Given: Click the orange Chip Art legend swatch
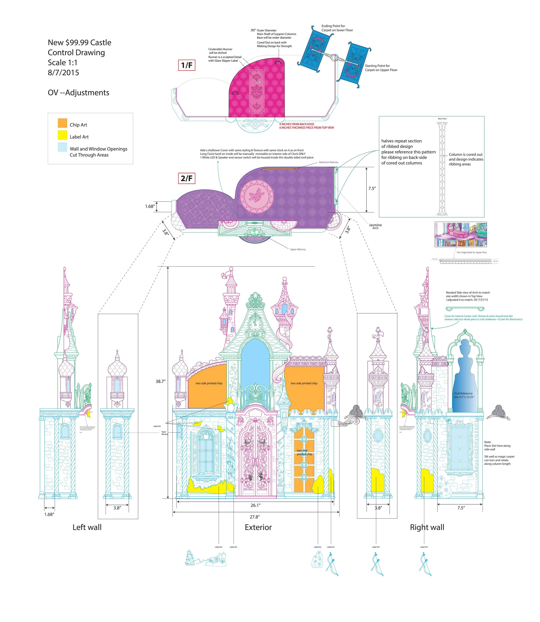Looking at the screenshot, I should [62, 123].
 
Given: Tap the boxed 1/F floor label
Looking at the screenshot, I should [187, 65].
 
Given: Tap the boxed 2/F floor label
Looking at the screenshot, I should [187, 178].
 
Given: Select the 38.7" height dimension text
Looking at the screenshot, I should [161, 382].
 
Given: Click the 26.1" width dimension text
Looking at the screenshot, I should [255, 505].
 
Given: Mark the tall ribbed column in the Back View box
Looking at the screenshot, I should [442, 169].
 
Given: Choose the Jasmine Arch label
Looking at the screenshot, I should [375, 226].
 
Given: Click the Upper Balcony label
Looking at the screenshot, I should [298, 249].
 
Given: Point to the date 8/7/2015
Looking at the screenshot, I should [63, 73].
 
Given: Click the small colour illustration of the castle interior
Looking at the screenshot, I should [461, 235].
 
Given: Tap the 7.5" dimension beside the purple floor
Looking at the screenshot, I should [372, 189].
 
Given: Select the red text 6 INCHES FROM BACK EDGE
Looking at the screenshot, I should [297, 124].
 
